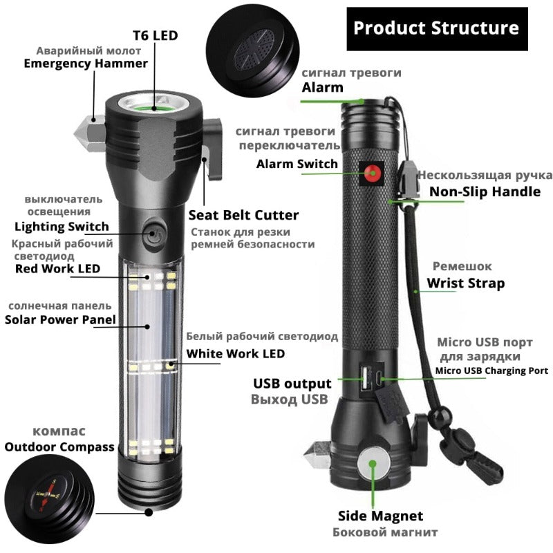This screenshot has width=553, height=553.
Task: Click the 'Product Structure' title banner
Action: (436, 28)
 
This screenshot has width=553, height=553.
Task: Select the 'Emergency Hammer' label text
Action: (86, 64)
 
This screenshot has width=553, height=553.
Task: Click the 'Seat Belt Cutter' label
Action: (243, 215)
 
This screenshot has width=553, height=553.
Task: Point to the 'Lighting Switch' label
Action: (62, 226)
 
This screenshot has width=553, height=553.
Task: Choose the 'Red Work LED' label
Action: (57, 268)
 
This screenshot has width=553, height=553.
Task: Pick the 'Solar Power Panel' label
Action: (60, 319)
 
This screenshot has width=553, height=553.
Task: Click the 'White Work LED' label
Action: (236, 354)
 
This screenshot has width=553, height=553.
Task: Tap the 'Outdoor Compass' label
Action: (59, 447)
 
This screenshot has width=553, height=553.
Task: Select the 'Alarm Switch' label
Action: (297, 164)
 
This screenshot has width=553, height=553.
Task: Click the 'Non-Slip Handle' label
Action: (485, 191)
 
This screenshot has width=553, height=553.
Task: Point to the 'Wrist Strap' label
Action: (465, 283)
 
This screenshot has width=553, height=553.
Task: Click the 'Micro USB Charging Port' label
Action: (491, 371)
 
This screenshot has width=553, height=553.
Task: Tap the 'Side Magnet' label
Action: (380, 516)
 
